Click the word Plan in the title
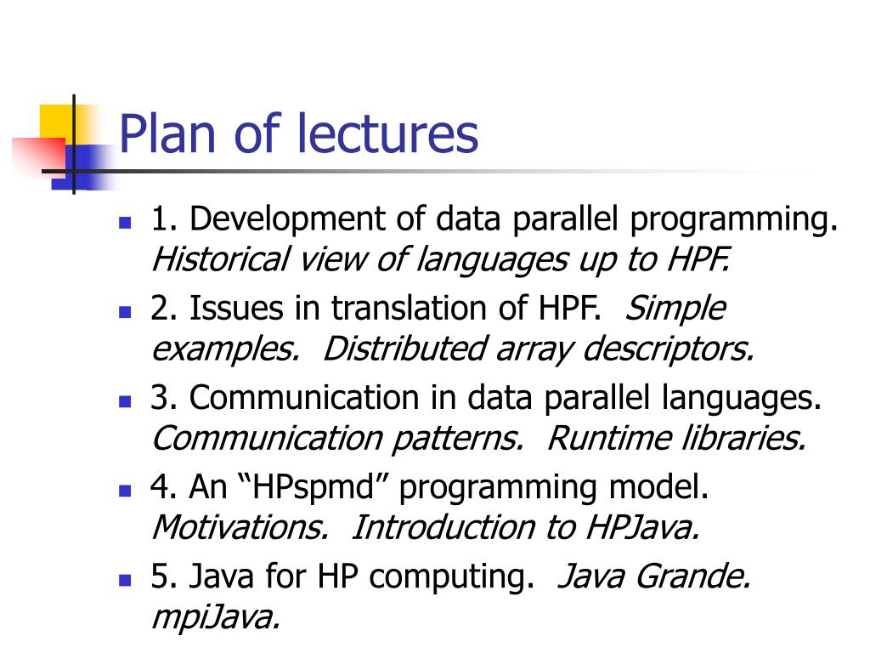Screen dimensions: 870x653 167,133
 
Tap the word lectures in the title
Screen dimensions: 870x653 387,133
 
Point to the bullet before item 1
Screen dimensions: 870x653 125,223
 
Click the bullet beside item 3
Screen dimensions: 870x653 125,401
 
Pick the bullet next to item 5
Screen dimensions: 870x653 125,580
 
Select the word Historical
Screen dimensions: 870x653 220,258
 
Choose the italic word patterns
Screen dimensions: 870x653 458,440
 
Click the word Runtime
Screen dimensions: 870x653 608,438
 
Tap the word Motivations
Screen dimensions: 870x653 240,527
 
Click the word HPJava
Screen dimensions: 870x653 642,527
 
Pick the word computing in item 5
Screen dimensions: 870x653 452,577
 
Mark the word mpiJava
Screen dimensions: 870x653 215,618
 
